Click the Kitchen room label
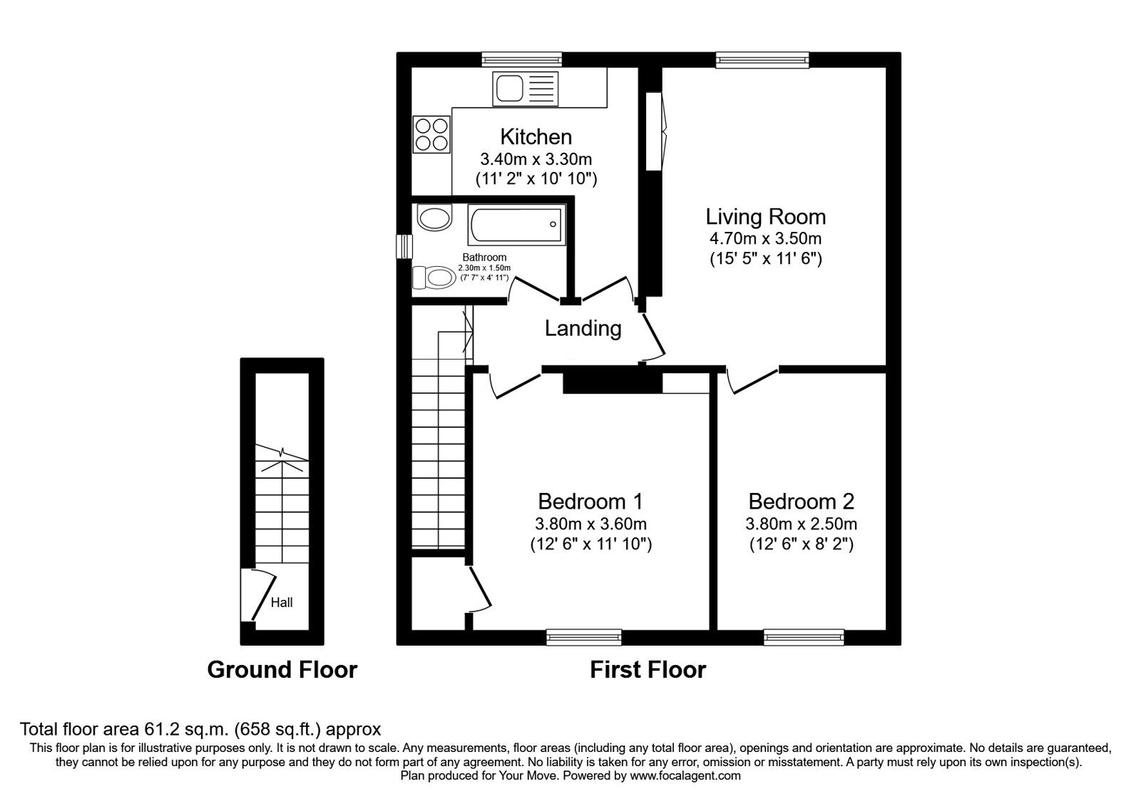click(536, 136)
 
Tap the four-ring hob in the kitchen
click(431, 135)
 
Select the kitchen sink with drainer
click(525, 88)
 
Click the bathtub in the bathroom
click(516, 225)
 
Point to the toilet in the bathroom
click(434, 278)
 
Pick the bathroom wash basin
click(434, 218)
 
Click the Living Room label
click(766, 217)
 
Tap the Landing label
click(583, 329)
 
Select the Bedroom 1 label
click(590, 502)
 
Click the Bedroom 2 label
click(802, 502)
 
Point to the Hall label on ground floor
click(282, 603)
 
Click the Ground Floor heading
click(282, 670)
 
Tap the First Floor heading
click(648, 670)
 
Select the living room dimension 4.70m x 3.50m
click(766, 238)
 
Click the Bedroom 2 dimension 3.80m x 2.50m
click(802, 524)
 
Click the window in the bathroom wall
click(404, 246)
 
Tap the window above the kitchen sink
click(522, 60)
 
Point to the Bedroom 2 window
click(804, 637)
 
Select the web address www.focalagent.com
click(685, 776)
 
